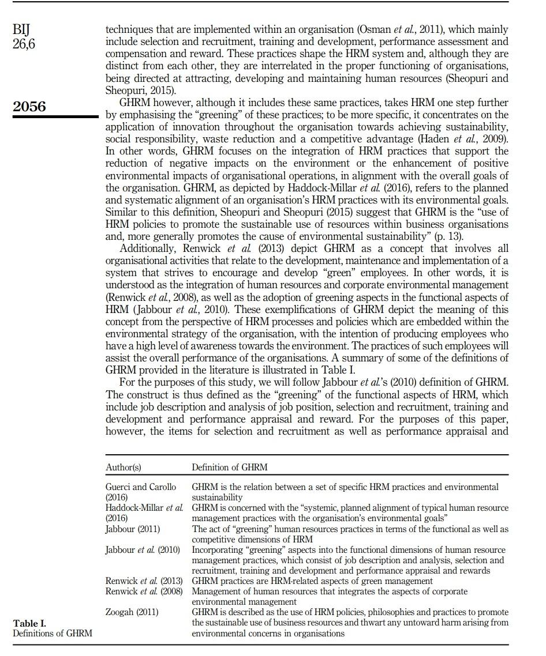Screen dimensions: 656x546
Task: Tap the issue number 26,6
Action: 24,43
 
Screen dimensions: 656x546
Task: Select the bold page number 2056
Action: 29,107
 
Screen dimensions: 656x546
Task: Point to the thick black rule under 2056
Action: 55,117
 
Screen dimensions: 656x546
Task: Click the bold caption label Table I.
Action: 29,623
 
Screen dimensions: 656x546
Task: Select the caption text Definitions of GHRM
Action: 53,634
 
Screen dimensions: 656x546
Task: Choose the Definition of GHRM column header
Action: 229,467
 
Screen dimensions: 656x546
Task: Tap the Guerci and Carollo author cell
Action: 141,487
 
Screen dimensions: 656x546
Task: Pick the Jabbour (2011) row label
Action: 133,529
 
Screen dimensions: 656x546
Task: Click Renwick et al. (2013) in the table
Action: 144,580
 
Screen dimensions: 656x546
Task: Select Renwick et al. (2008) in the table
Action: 144,591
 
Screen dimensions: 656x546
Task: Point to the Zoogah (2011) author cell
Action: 132,612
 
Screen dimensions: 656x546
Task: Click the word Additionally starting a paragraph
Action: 147,248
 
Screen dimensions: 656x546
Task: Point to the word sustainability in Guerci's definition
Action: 217,497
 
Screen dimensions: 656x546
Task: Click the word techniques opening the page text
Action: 128,29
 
